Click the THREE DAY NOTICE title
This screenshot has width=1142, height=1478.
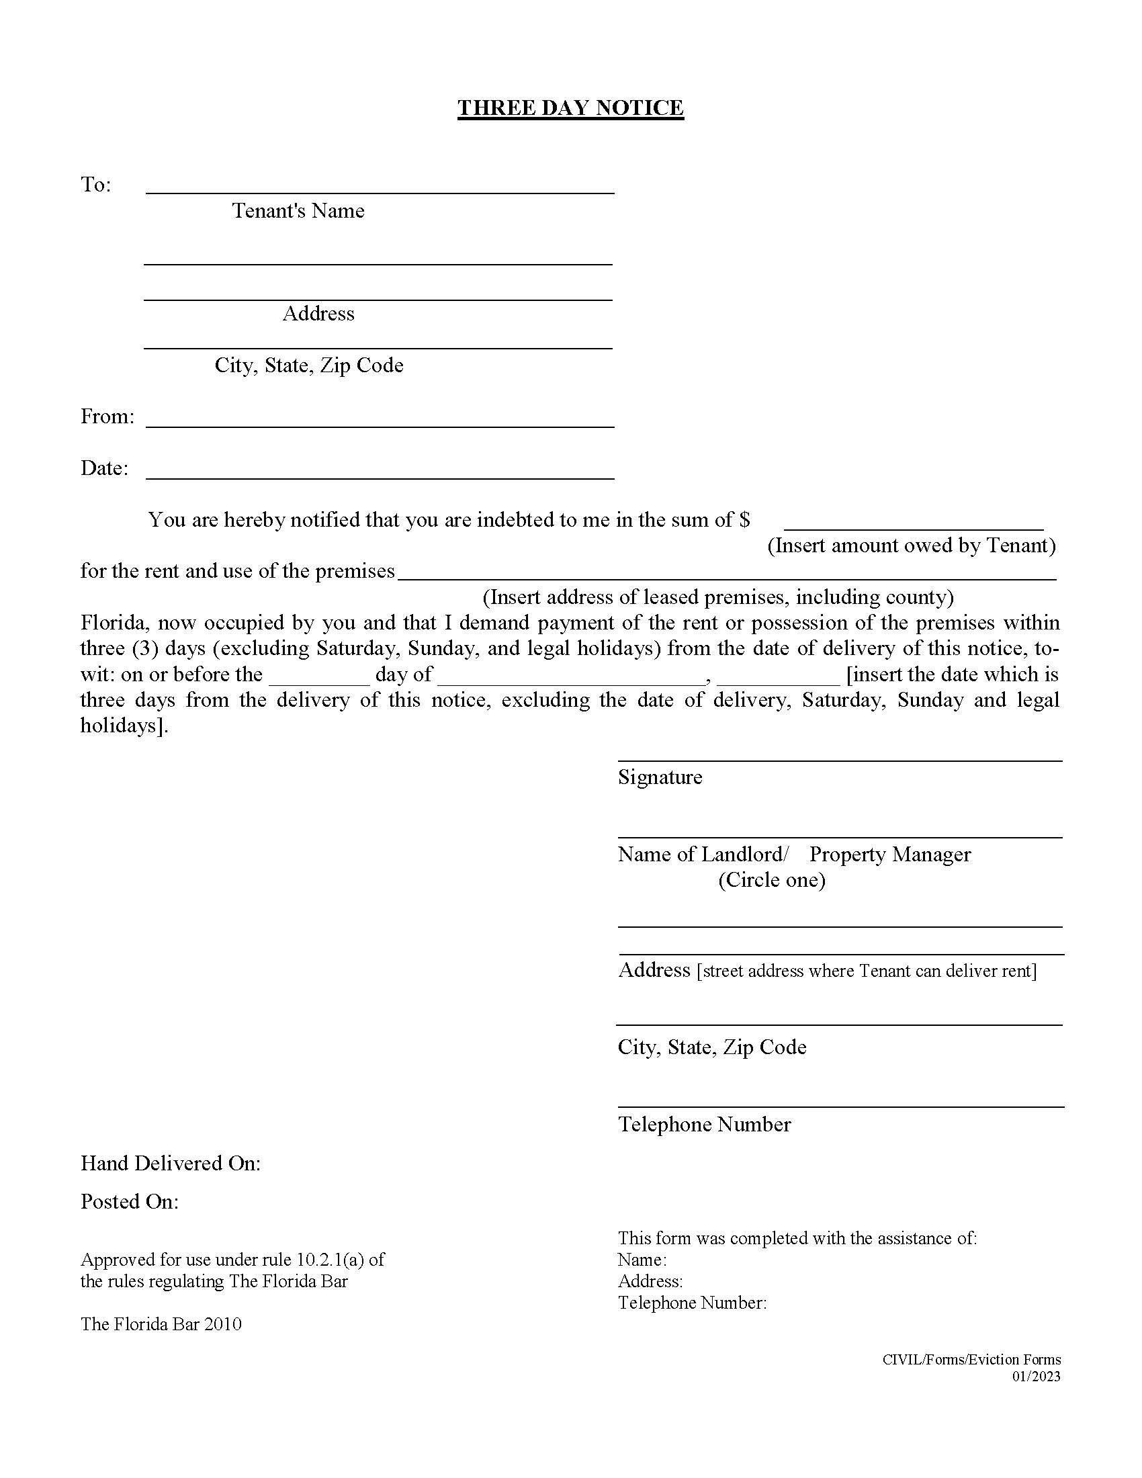570,108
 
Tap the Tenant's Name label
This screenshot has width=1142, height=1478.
298,211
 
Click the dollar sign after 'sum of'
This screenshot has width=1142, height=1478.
744,520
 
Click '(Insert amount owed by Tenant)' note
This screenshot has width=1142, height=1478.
912,546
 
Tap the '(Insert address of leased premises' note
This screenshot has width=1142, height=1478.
718,597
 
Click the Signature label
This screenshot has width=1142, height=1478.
660,777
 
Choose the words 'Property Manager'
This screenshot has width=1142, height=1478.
889,854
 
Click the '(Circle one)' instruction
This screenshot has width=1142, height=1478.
771,880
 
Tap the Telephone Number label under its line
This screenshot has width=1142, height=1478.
704,1124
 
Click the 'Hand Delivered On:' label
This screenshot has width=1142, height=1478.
171,1164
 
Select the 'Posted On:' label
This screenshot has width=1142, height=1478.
130,1201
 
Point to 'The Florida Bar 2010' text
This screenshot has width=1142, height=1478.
161,1324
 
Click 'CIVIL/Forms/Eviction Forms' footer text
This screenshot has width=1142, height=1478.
971,1360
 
